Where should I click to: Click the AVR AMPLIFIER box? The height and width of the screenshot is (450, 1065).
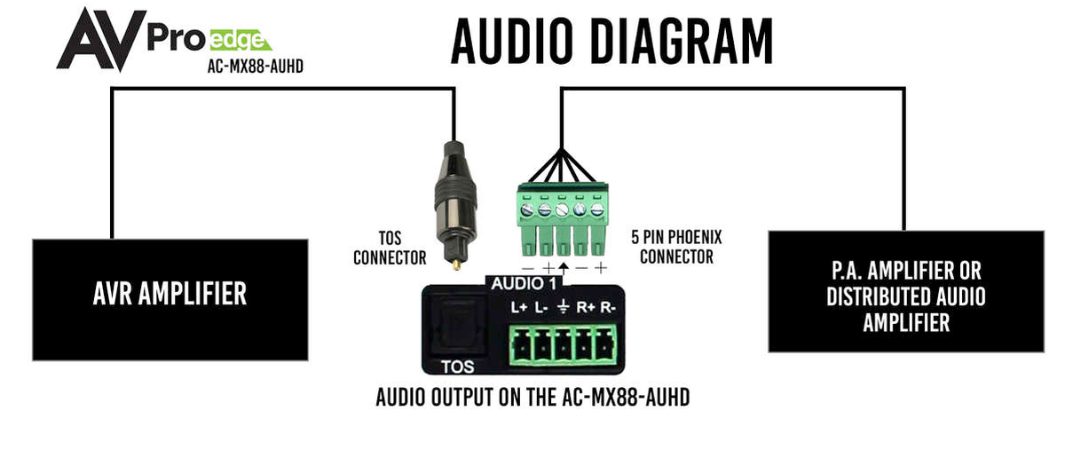[170, 295]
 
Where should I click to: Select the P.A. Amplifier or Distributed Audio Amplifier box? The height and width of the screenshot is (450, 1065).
[905, 292]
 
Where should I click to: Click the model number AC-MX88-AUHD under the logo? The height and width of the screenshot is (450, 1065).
[249, 66]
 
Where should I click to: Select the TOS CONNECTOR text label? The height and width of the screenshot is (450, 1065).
[390, 249]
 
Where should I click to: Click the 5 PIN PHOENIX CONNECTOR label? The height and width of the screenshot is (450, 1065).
[676, 249]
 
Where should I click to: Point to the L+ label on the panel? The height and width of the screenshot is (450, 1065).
[520, 309]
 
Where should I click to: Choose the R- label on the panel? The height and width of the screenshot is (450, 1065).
[608, 309]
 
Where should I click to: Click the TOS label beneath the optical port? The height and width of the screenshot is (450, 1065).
[458, 366]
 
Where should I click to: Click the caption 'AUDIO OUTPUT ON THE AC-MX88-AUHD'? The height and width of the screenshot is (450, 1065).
[532, 397]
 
